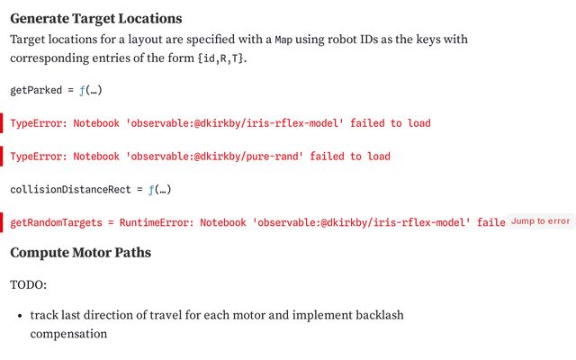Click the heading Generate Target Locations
coord(96,19)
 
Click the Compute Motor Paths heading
coord(80,253)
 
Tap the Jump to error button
coord(540,221)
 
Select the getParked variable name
coord(36,90)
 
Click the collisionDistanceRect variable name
coord(70,190)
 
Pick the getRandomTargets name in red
coord(56,223)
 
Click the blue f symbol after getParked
coord(82,90)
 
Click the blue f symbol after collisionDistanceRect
coord(151,190)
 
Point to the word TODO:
coord(28,285)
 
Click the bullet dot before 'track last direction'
coord(20,316)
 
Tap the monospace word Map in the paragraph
coord(283,40)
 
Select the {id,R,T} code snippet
coord(220,58)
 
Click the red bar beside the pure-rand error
coord(2,156)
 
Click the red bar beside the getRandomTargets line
coord(2,222)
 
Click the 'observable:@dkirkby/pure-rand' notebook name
coord(214,157)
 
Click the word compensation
coord(68,334)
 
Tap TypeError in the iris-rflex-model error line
coord(39,123)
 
